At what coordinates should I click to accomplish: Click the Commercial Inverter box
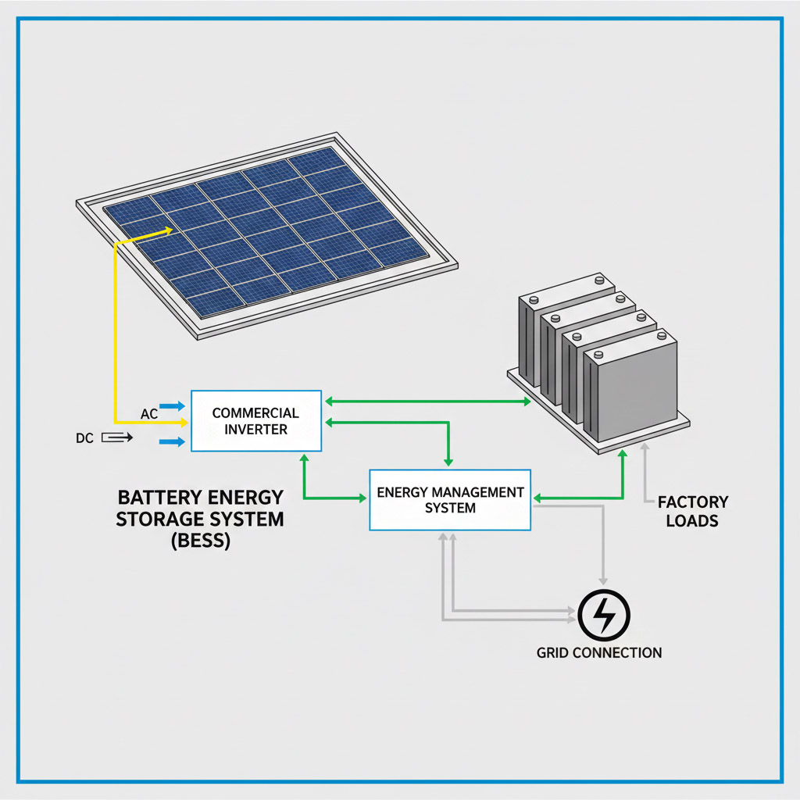255,420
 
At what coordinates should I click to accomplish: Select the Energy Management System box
449,500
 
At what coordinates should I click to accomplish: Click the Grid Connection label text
599,652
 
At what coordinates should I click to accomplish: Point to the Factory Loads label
692,511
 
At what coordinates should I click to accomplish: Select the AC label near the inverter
149,413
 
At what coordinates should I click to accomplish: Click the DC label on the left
84,438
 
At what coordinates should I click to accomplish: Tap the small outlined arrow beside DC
117,438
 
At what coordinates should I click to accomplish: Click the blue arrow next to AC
172,406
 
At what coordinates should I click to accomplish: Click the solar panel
266,234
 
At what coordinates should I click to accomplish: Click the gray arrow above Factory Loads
645,451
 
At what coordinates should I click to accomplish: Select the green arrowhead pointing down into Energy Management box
448,460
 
